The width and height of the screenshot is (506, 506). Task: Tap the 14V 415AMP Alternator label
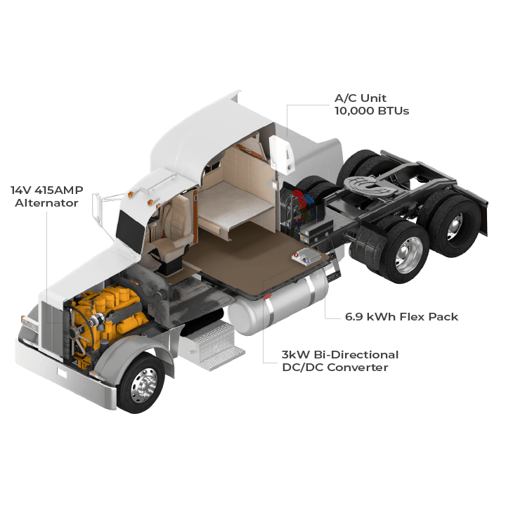tap(44, 196)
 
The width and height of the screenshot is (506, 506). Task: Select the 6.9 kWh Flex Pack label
tap(401, 317)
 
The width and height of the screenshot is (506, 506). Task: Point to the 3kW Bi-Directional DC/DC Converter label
tap(340, 361)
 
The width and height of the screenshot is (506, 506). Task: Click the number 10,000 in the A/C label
tap(355, 111)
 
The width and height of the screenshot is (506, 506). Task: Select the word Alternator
tap(52, 204)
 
